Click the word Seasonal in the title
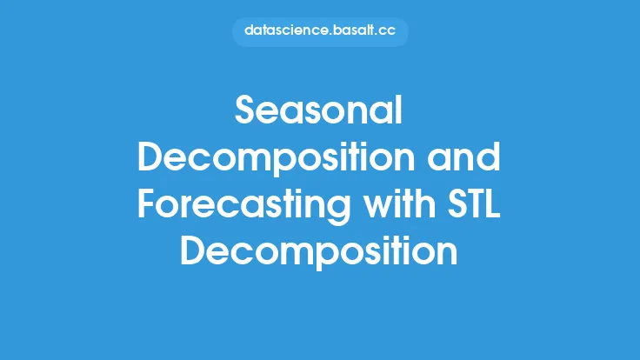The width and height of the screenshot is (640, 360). [x=319, y=110]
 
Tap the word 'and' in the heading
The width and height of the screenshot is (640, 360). [x=463, y=157]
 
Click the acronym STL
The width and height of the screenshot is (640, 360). [x=474, y=203]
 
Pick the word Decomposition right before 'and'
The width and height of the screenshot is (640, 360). [x=277, y=160]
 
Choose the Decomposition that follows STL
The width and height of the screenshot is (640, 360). [x=319, y=253]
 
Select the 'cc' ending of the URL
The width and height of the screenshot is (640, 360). [x=387, y=32]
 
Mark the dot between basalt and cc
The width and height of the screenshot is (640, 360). [x=377, y=35]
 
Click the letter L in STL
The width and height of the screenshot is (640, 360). [x=493, y=203]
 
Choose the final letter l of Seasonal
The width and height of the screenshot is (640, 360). [x=400, y=110]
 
